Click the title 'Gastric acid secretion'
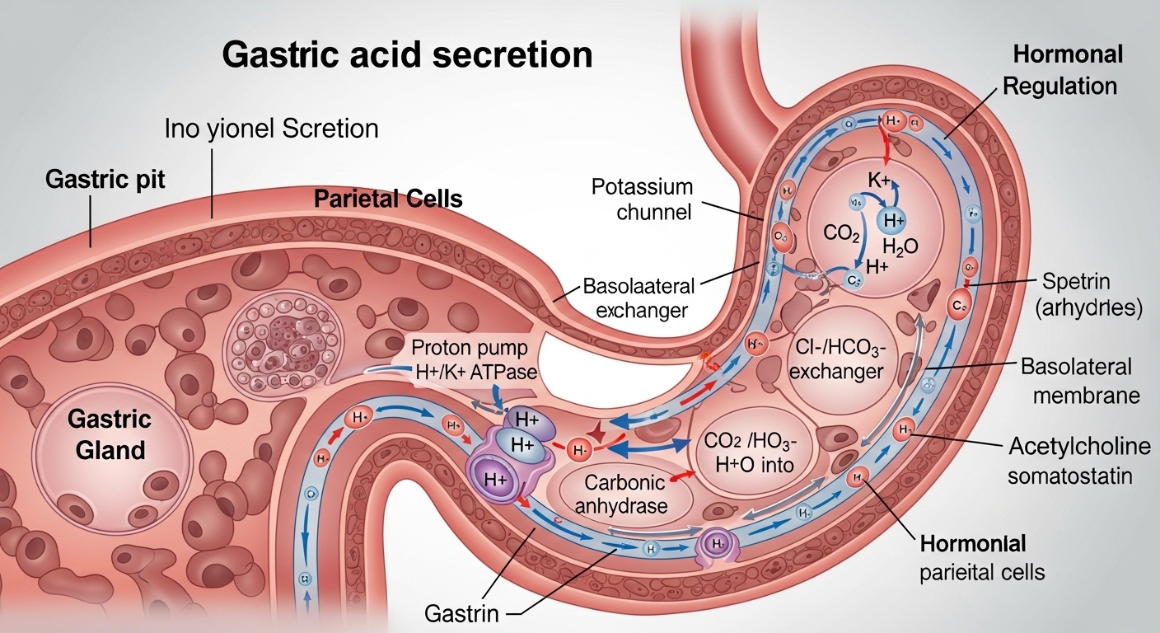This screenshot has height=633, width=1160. click(408, 55)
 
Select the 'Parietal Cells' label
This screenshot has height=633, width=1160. click(388, 199)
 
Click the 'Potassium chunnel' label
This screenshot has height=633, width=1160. click(642, 199)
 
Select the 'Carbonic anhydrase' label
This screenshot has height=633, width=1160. click(625, 494)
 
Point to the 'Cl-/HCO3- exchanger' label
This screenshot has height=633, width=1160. click(835, 359)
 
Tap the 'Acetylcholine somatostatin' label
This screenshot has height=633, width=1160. click(1079, 462)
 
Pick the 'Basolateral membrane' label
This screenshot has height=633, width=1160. click(1080, 381)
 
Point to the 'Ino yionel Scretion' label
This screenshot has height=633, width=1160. click(271, 129)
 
